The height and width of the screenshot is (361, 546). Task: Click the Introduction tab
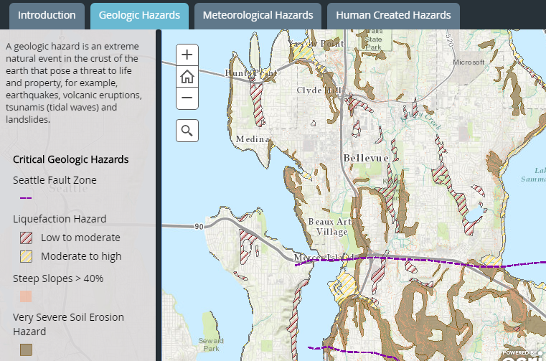(47, 15)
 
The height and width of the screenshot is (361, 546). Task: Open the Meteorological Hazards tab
(258, 15)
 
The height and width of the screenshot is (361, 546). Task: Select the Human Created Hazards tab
(392, 15)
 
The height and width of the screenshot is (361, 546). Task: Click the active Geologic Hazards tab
(139, 15)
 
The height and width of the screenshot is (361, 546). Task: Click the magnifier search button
(187, 131)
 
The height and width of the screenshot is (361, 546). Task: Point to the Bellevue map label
(365, 158)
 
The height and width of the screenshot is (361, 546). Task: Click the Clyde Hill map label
(320, 90)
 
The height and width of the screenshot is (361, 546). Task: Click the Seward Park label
(212, 344)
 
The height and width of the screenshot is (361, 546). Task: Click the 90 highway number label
(197, 227)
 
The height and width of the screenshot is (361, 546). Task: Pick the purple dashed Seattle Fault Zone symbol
(26, 198)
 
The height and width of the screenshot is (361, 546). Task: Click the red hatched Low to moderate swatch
(26, 238)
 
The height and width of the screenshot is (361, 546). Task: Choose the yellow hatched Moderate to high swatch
(26, 256)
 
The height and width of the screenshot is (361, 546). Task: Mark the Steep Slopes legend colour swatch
(26, 296)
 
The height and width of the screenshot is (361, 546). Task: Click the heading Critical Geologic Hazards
(70, 159)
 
